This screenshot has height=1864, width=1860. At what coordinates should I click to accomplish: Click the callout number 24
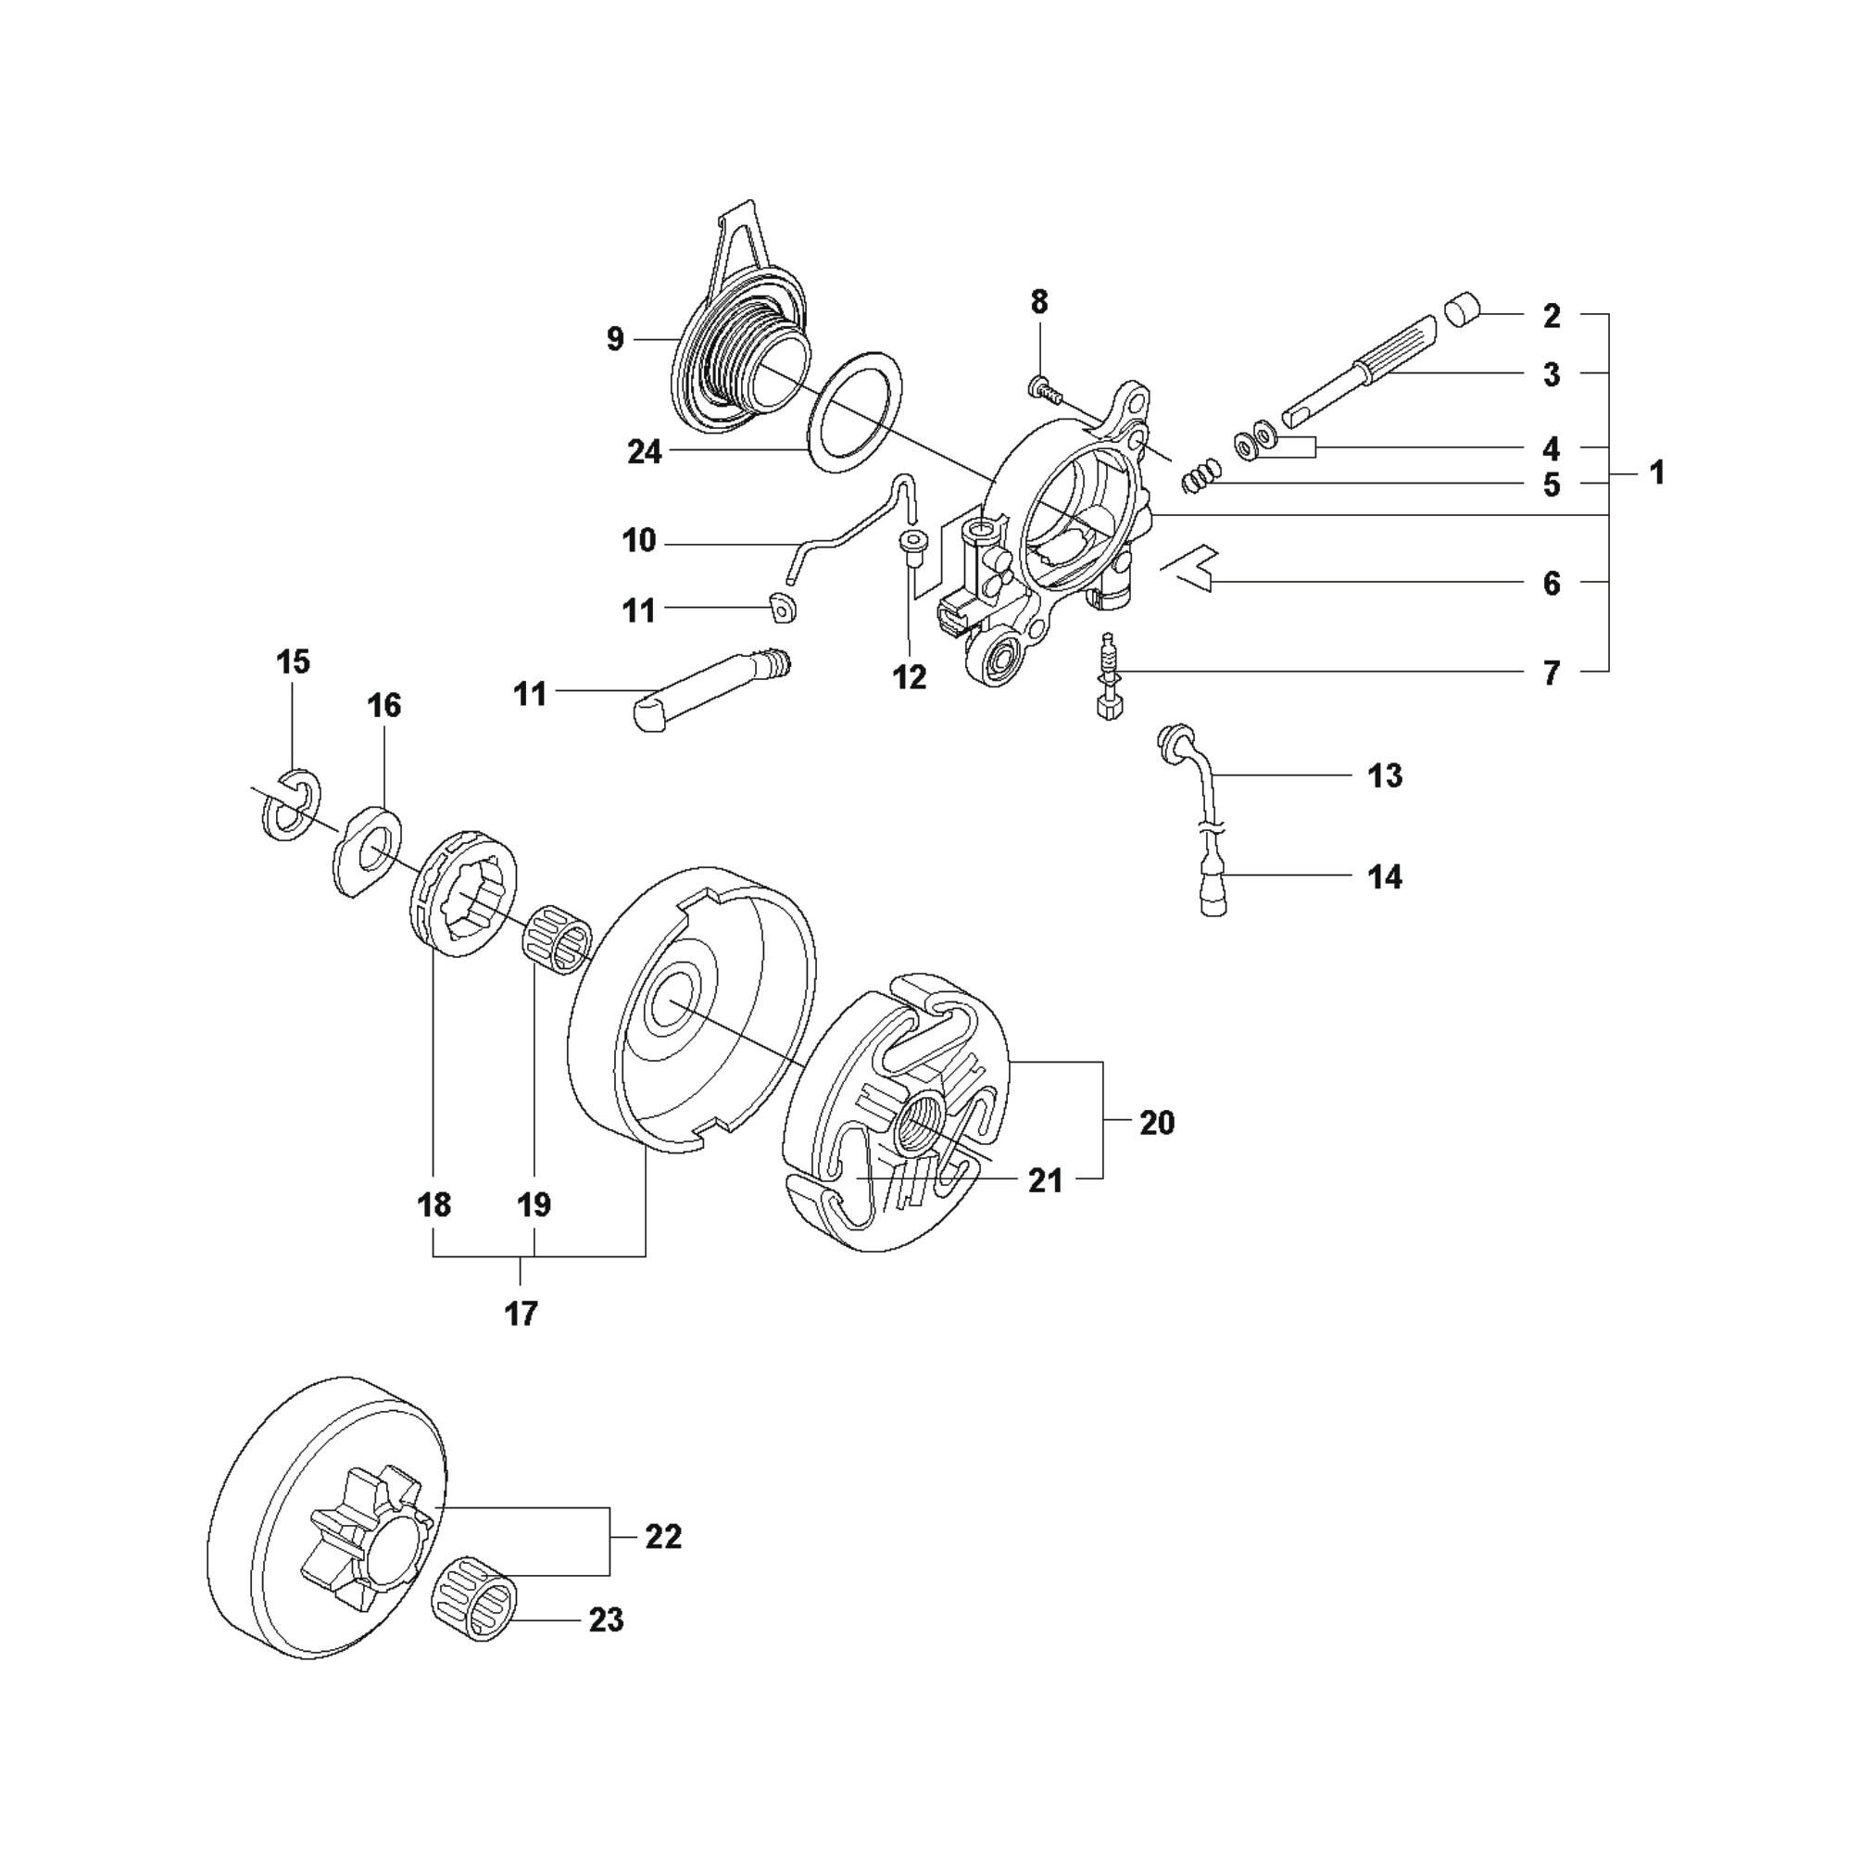pos(645,451)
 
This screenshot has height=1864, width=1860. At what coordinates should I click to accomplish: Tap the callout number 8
pos(1038,302)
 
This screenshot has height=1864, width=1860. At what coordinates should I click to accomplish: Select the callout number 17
pos(521,1314)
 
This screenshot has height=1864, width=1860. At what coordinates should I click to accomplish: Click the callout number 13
pos(1386,775)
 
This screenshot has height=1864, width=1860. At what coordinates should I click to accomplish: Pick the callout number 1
pos(1657,472)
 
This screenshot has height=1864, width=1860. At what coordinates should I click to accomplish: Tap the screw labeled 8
pos(1046,390)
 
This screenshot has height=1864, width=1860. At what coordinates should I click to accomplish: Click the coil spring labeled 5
pos(1201,474)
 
